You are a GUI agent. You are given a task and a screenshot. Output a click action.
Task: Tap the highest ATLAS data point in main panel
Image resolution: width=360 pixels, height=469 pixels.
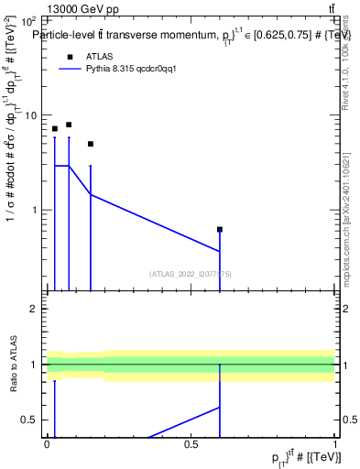tap(69, 125)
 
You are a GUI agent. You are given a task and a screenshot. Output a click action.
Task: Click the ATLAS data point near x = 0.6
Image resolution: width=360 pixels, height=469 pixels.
tap(220, 229)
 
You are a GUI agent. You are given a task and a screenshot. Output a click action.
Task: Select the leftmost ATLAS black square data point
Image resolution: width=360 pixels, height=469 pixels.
tap(55, 129)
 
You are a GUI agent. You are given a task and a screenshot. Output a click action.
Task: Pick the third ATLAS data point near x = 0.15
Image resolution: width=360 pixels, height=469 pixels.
tap(91, 144)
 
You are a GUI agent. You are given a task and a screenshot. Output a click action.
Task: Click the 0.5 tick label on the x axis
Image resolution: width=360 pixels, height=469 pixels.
tap(191, 444)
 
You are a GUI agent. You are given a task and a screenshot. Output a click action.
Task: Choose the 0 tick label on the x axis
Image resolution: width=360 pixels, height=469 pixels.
tap(47, 444)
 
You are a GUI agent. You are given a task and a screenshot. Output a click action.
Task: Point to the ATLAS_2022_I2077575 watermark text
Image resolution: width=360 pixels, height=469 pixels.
tap(191, 274)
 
